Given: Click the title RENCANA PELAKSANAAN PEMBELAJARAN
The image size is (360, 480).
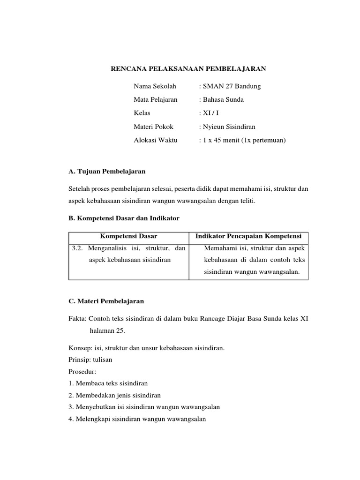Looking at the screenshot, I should [x=188, y=69].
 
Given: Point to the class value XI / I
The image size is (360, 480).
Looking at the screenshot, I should [x=210, y=113].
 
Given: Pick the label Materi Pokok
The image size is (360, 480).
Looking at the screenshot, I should [x=153, y=127].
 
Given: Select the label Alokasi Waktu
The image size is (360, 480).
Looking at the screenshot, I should [x=156, y=140].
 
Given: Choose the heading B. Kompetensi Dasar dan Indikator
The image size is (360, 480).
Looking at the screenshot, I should [x=124, y=218].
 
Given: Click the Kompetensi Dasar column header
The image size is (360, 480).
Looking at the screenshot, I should [x=129, y=236].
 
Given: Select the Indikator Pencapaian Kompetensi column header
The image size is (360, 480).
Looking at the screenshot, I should [x=248, y=236].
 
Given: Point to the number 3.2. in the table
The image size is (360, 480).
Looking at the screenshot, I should [x=77, y=248].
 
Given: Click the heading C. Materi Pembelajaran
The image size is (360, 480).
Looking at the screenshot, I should [x=106, y=301].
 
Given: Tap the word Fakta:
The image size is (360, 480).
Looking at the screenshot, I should [x=77, y=318].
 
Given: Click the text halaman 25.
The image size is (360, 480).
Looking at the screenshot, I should [x=107, y=331].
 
